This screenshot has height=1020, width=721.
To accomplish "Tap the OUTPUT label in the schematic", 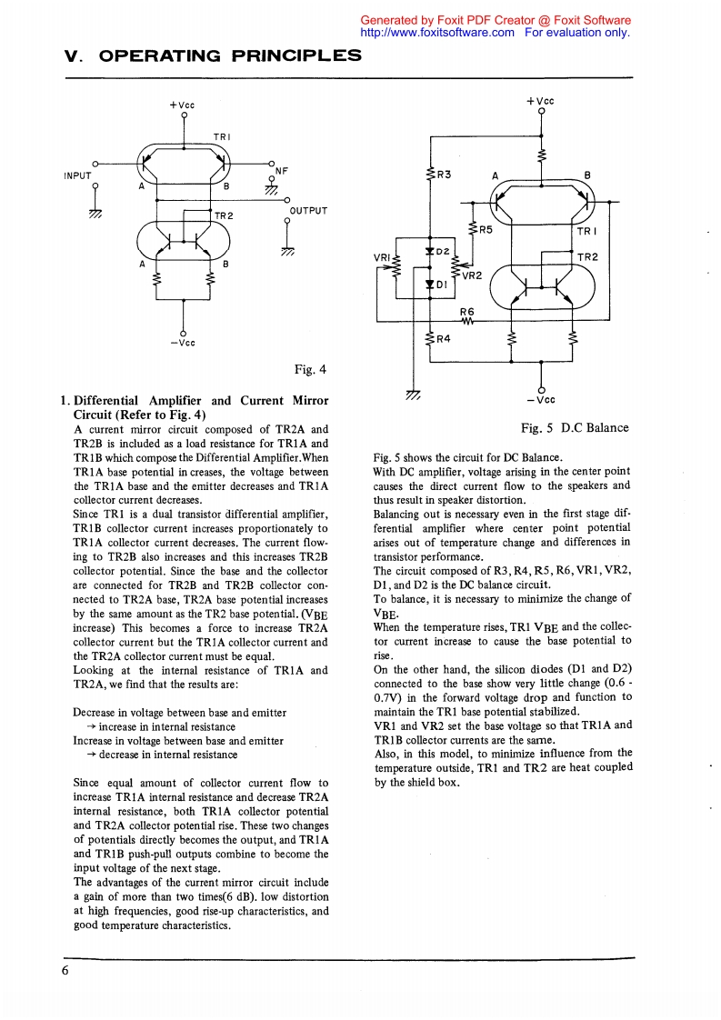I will coord(307,211).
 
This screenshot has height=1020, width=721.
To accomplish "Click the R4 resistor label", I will coord(444,339).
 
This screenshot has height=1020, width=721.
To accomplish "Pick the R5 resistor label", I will coord(485,230).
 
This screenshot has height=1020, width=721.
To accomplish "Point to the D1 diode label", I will coord(443,284).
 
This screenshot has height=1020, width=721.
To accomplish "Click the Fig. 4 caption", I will coord(310,369).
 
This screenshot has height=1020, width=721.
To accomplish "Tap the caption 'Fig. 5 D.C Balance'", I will coord(574,427).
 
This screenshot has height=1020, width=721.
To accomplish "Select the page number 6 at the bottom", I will coord(65,970).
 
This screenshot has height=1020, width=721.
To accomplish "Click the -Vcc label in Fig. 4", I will coord(185,343).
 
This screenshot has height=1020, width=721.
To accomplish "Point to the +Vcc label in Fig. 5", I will coord(540,101).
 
